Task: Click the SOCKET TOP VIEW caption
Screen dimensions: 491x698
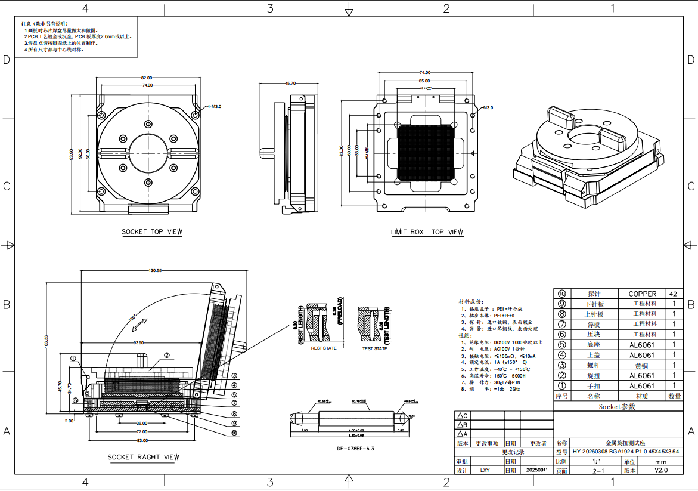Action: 152,232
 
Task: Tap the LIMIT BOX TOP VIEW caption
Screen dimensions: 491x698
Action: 427,232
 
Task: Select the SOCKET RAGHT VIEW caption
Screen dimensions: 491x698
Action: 143,458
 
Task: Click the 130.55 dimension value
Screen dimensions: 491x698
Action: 155,271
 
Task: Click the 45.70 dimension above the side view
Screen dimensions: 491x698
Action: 290,84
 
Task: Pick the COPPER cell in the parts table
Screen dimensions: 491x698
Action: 642,294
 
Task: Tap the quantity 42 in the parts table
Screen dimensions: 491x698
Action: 673,294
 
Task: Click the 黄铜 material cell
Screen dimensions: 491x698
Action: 642,365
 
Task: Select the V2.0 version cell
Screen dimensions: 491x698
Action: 661,470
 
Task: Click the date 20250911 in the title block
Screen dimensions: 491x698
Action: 536,470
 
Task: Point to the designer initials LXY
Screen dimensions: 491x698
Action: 485,470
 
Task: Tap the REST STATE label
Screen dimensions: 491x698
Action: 324,348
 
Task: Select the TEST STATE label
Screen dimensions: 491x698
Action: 374,348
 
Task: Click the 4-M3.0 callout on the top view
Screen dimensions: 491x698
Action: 214,106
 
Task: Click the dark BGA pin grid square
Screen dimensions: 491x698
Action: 425,153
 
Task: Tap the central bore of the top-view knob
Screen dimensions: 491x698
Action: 147,153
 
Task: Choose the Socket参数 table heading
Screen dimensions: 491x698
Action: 617,406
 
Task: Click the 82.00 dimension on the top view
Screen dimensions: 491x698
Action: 147,78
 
